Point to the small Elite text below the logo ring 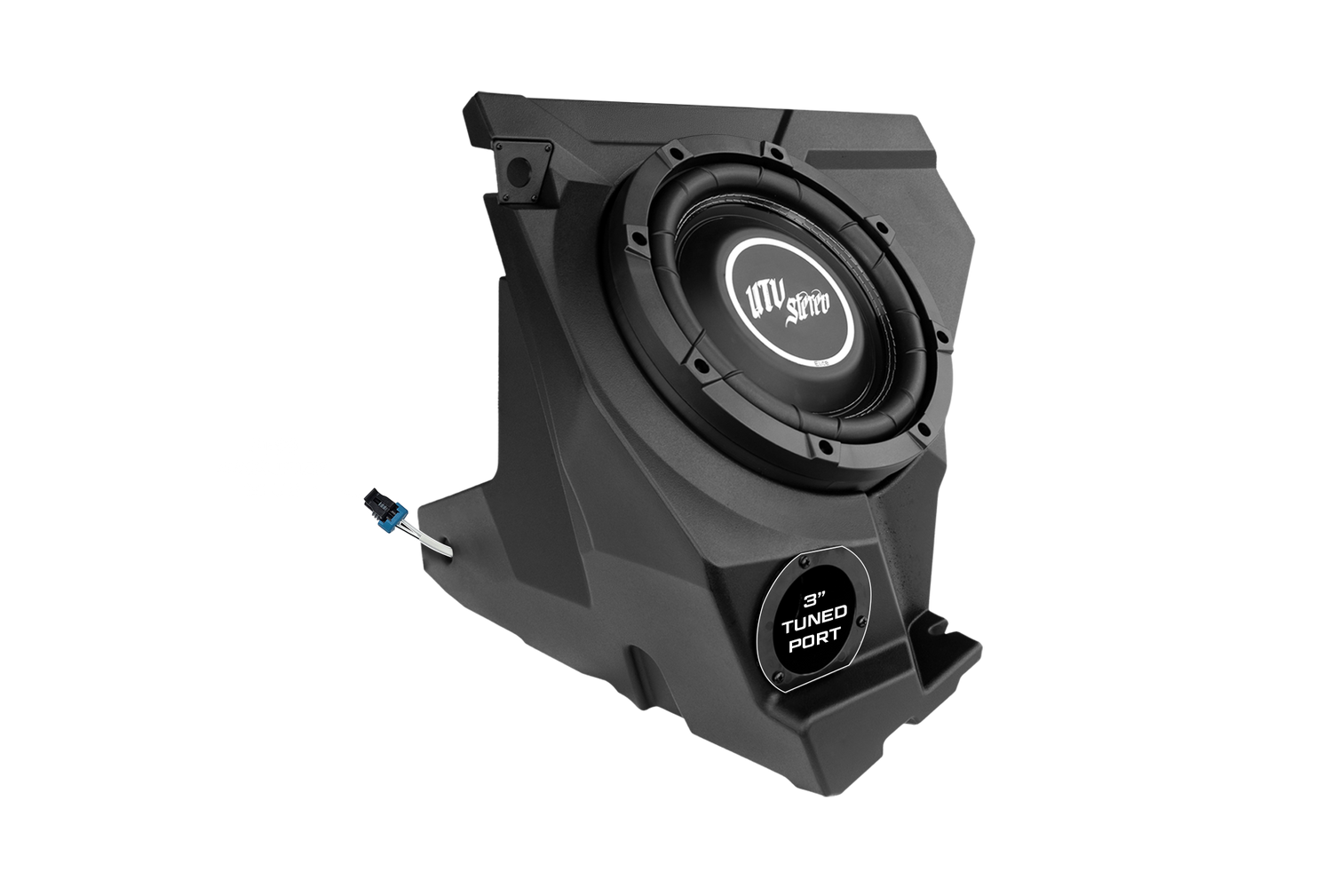[822, 361]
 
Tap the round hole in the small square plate [519, 171]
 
